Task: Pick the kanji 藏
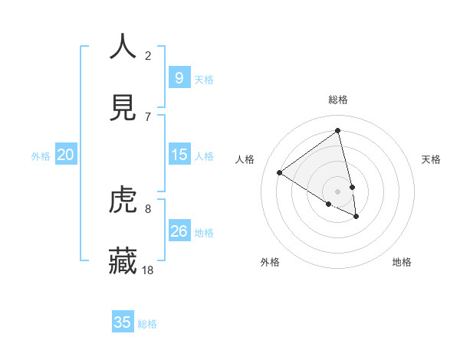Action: coord(123,260)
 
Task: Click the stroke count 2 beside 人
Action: coord(148,55)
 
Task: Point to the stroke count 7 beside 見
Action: coord(148,116)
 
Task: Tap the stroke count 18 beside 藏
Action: coord(148,270)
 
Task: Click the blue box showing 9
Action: coord(179,77)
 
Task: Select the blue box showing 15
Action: coord(179,155)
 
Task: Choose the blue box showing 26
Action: coord(179,231)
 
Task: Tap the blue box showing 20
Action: coord(65,155)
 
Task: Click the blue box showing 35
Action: coord(123,322)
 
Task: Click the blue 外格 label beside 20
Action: coord(41,156)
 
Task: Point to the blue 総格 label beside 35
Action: coord(147,324)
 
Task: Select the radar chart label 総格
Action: coord(338,100)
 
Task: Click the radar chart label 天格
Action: coord(432,159)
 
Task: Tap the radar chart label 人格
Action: coord(245,159)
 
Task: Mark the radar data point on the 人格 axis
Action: coord(279,172)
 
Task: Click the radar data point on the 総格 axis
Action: coord(338,131)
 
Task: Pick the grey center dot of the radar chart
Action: coord(338,191)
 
